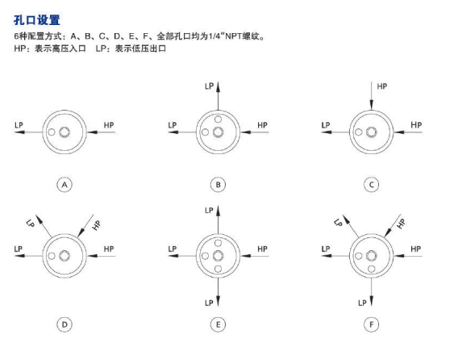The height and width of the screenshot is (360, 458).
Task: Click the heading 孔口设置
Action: [x=37, y=20]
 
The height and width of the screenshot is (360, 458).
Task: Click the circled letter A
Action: [x=65, y=185]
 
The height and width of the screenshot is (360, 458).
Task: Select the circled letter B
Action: [x=218, y=185]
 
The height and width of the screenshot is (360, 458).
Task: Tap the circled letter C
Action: [x=372, y=185]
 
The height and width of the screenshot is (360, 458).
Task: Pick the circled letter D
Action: [x=65, y=324]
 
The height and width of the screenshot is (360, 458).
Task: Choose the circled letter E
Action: [x=218, y=324]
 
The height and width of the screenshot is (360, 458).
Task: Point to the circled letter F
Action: [x=372, y=324]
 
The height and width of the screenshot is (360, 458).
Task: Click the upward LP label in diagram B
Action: [x=210, y=86]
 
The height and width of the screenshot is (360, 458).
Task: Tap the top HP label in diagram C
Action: [x=381, y=86]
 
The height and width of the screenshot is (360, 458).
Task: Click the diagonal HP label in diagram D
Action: [x=97, y=225]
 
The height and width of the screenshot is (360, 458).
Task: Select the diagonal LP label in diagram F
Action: [x=338, y=223]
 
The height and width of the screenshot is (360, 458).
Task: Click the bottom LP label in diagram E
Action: [x=209, y=303]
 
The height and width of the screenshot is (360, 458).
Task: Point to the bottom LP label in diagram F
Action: [x=362, y=303]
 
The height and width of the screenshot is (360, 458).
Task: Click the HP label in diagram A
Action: [x=109, y=125]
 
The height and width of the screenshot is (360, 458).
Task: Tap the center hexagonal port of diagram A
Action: [x=65, y=132]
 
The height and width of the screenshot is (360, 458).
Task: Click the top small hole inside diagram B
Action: [x=218, y=119]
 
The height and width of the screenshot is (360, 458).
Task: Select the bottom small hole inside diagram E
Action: [x=218, y=269]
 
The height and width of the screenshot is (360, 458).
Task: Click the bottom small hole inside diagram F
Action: [x=372, y=269]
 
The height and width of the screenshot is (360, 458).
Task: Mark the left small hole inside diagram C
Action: [x=359, y=132]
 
